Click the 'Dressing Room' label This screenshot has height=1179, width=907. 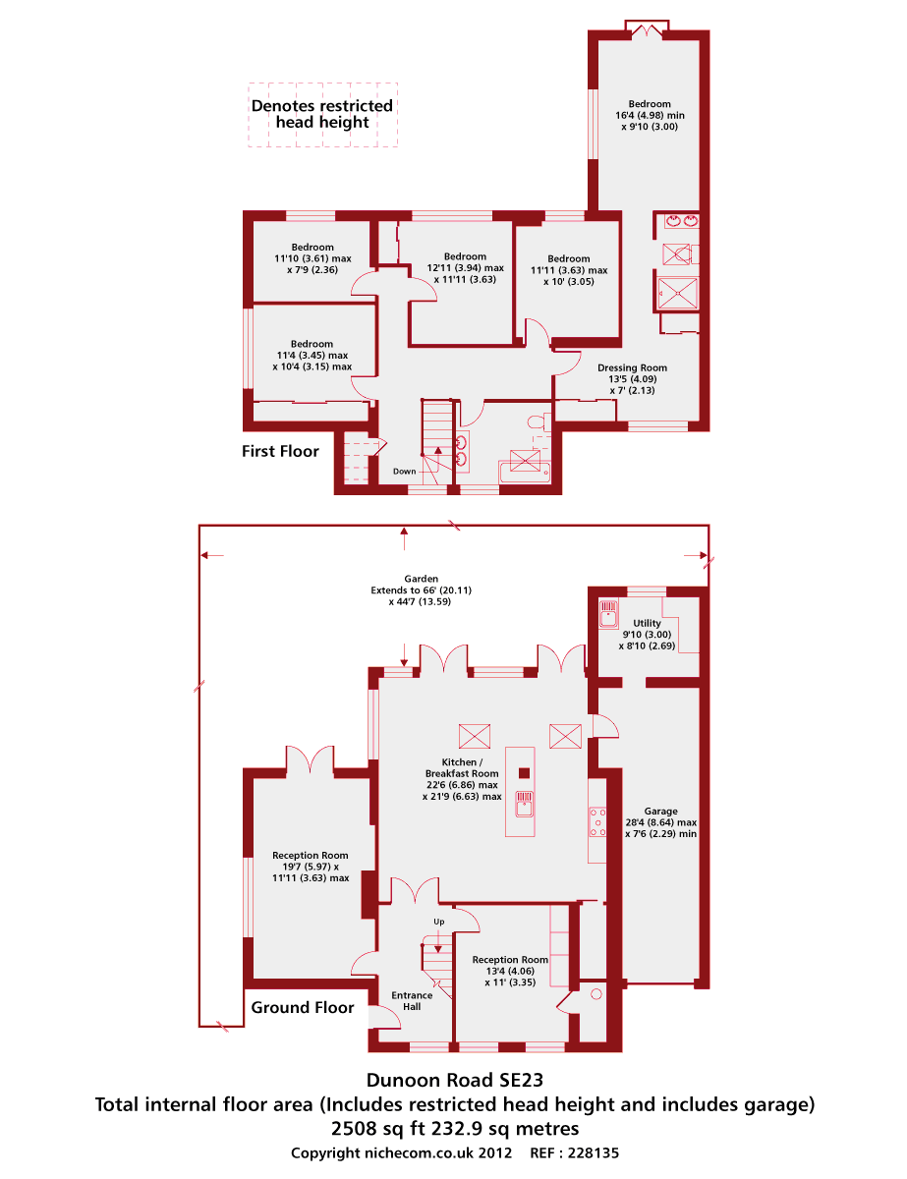coord(632,367)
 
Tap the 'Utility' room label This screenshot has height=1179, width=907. coord(647,623)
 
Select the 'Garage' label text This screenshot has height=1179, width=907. coord(660,812)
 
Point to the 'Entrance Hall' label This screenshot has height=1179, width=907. coord(412,1001)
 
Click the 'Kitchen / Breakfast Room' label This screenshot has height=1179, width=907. coord(462,767)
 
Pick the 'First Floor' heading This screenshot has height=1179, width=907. coord(280,451)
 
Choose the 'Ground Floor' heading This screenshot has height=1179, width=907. coord(302,1007)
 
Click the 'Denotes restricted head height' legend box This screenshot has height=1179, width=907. coord(322,115)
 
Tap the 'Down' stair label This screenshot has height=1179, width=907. coord(404,472)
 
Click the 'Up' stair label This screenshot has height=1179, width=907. coord(439,922)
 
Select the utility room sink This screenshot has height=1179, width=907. coord(608,612)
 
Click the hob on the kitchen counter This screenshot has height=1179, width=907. coord(597,822)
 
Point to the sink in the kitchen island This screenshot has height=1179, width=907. coord(524,804)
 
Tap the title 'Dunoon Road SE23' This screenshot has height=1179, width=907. coord(455,1080)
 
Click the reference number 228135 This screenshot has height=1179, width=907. coord(594,1152)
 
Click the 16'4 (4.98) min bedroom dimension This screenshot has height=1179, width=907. coord(650,116)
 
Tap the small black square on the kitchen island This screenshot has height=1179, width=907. coord(524,773)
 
